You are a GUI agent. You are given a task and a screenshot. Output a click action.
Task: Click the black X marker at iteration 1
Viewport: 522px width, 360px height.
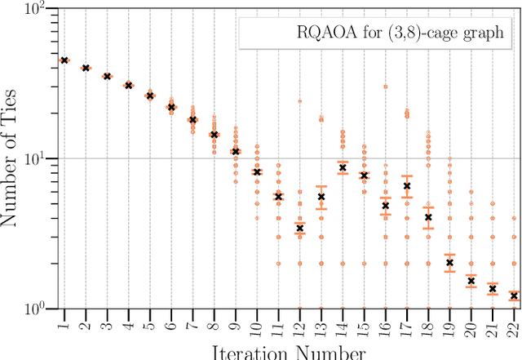(64, 60)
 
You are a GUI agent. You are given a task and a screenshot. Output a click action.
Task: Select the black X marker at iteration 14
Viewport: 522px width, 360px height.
(343, 167)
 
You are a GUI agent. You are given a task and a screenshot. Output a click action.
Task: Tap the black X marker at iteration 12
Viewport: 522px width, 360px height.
(300, 229)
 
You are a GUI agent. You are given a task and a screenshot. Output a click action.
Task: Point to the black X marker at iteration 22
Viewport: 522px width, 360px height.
(513, 296)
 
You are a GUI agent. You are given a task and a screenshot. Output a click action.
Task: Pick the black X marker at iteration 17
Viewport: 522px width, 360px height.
(407, 186)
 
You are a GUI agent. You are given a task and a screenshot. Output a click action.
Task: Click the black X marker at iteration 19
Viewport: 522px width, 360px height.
(449, 263)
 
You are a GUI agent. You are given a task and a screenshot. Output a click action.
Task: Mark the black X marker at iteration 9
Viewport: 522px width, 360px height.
(236, 151)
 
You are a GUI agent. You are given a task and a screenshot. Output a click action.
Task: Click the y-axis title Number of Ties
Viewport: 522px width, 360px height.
(12, 159)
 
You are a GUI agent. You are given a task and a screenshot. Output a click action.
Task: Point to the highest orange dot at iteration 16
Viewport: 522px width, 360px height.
(385, 86)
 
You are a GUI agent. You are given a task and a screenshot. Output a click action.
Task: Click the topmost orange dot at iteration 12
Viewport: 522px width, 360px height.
(300, 101)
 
